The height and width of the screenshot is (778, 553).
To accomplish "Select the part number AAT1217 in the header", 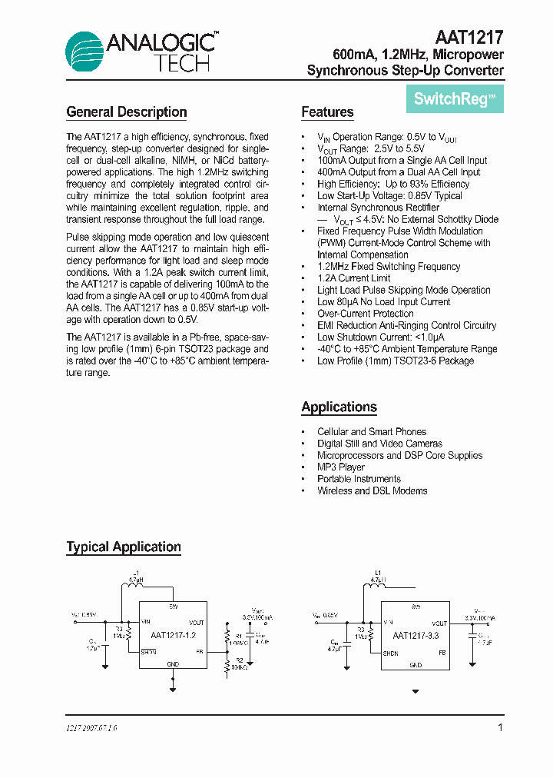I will click(469, 38).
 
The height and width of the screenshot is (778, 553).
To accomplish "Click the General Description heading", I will click(127, 112).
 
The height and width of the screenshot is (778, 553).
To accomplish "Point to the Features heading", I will click(327, 112).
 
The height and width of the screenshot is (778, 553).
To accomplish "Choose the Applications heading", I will click(339, 407).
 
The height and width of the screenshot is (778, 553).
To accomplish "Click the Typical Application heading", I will click(124, 547).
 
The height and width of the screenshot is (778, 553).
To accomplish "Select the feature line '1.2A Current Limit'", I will click(354, 278).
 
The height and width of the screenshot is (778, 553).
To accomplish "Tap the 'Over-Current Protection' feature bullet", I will click(366, 314).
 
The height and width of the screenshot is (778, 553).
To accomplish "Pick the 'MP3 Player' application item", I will click(341, 467).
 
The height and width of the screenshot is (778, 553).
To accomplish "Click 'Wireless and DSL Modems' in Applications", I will click(373, 490).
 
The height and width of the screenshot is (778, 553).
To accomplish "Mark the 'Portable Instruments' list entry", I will click(359, 479).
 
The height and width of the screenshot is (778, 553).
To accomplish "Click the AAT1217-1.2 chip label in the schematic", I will click(173, 636).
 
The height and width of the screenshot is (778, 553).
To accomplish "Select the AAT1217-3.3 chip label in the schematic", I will click(416, 636).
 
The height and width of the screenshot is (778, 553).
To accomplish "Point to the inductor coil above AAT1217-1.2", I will click(138, 586).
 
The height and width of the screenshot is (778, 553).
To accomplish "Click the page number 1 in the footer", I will click(500, 727).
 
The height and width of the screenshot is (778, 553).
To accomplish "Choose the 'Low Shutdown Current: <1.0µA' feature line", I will click(381, 337).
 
